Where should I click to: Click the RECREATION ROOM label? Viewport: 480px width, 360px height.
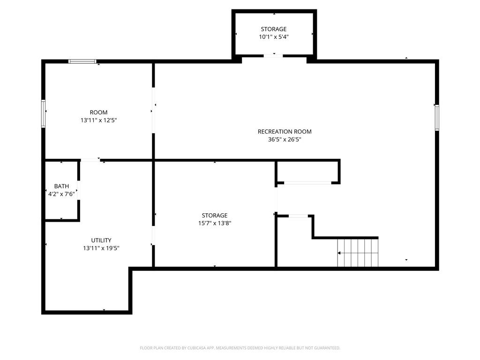coord(285,132)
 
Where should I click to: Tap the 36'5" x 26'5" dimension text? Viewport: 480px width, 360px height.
coord(285,140)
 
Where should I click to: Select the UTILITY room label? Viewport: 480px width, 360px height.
coord(101,240)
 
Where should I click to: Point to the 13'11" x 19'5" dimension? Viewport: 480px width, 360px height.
coord(101,248)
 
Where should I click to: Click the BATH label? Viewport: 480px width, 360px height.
coord(61,186)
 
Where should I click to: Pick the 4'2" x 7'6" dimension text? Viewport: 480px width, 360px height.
coord(61,194)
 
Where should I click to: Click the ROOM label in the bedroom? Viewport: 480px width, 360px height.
coord(98,112)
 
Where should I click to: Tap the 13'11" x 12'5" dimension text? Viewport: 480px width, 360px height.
coord(98,120)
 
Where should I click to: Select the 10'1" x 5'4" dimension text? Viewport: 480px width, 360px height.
coord(274,37)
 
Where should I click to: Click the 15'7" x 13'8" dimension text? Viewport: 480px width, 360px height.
coord(215,223)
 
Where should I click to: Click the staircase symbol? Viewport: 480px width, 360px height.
coord(358,253)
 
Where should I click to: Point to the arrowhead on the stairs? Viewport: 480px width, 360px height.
coord(339,253)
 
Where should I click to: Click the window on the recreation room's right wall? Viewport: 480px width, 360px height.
coord(437,118)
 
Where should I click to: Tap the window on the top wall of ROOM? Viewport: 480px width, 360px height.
coord(82,61)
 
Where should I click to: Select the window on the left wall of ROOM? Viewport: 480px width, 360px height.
coord(44,113)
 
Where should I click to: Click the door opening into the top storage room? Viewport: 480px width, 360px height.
coord(273,56)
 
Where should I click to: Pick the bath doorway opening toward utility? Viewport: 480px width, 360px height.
coord(79,190)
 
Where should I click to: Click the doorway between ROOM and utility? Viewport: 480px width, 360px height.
coord(90,160)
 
